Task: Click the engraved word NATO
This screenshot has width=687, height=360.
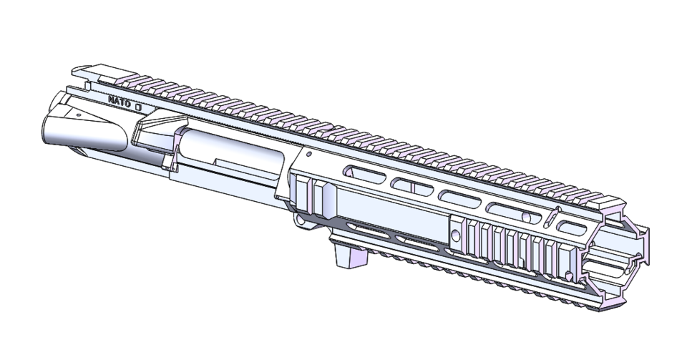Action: tap(119, 102)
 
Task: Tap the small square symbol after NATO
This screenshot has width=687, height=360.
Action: tap(139, 106)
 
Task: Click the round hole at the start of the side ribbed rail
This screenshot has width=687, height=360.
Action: tap(456, 233)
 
